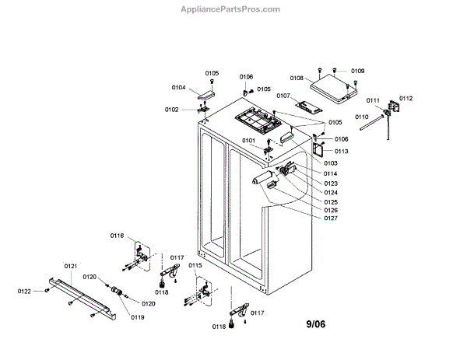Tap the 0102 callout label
[171, 110]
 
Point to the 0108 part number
[297, 78]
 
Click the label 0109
[357, 71]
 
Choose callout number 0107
[283, 96]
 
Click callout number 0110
[362, 117]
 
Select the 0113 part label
[341, 152]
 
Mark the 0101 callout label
[249, 141]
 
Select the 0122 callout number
[25, 292]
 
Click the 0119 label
[138, 317]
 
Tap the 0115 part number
[195, 266]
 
